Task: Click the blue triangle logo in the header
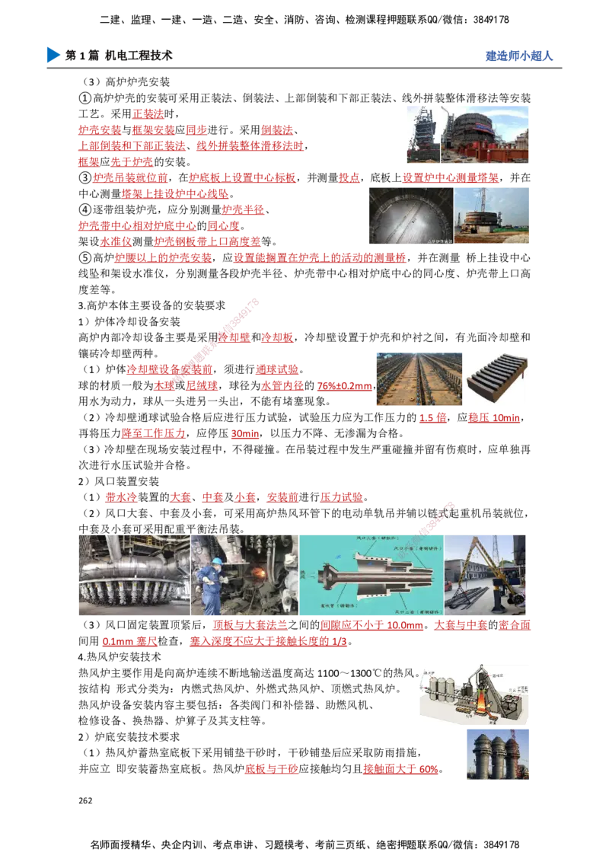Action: point(52,55)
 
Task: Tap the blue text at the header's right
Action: point(518,56)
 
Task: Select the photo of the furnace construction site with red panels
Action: point(465,133)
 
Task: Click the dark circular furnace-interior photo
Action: point(409,216)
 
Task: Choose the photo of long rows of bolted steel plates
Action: point(416,378)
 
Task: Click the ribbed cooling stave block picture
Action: point(496,378)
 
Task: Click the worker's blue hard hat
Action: point(216,562)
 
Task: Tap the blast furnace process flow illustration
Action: point(471,696)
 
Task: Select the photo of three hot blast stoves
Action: point(496,753)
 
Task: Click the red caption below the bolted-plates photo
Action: point(434,419)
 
